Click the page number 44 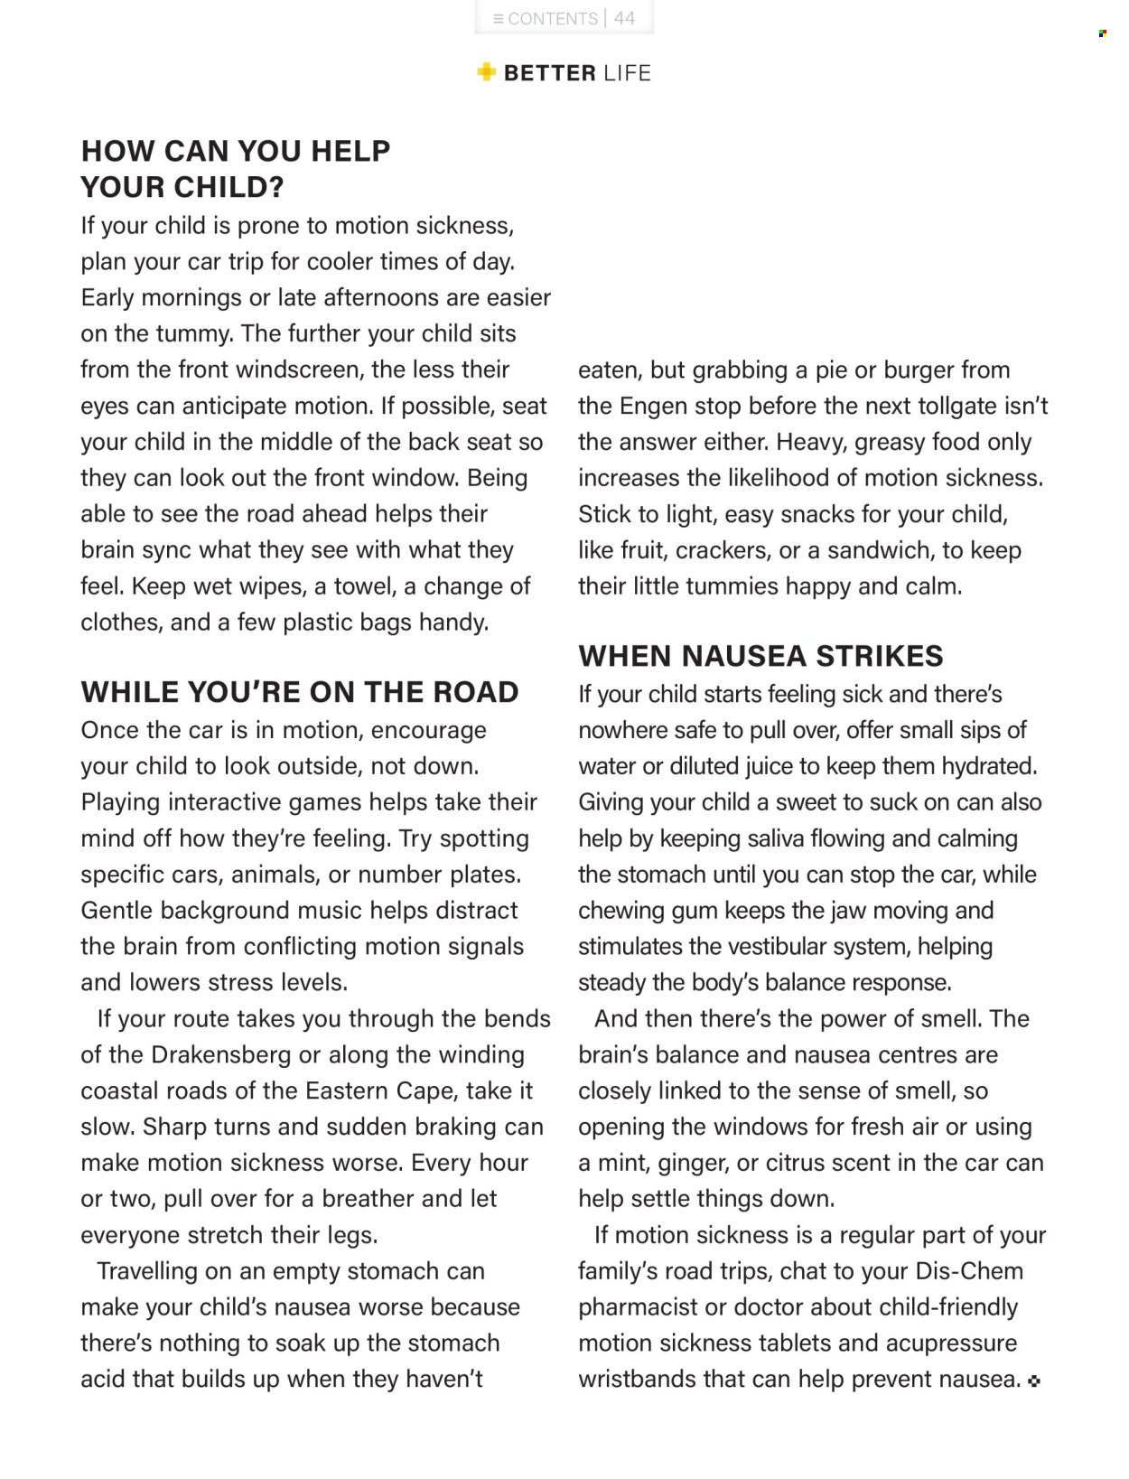pyautogui.click(x=625, y=18)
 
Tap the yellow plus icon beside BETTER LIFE pyautogui.click(x=487, y=72)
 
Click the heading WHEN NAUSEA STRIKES pyautogui.click(x=760, y=656)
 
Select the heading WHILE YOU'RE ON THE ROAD pyautogui.click(x=300, y=692)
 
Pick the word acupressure pyautogui.click(x=951, y=1343)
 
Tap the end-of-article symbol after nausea pyautogui.click(x=1034, y=1381)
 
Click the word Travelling pyautogui.click(x=147, y=1271)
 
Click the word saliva pyautogui.click(x=775, y=838)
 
